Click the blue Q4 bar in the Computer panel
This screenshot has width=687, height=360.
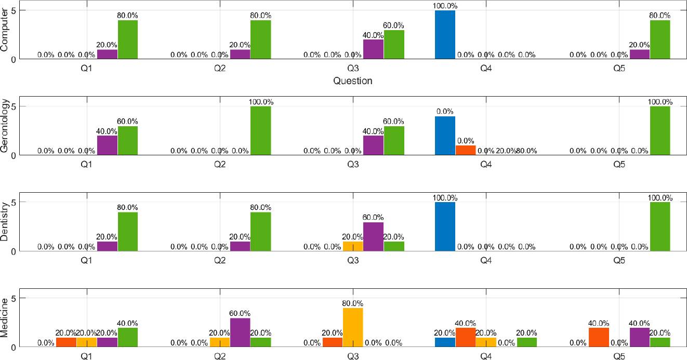[445, 35]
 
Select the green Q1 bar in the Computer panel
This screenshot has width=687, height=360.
[128, 39]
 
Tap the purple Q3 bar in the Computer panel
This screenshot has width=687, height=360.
[373, 49]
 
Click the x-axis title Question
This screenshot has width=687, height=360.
[353, 81]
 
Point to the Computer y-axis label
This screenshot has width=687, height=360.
[5, 30]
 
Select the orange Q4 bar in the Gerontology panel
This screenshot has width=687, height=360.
[465, 150]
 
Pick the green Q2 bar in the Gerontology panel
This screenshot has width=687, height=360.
[261, 130]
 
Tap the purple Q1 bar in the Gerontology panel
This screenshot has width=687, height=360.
[107, 145]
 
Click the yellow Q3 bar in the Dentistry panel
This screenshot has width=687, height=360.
[353, 246]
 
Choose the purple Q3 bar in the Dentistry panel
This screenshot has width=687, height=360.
[373, 237]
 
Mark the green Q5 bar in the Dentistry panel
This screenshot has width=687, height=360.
[660, 226]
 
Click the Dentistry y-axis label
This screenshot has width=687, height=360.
[5, 222]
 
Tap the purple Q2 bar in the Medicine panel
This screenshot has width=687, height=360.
[240, 332]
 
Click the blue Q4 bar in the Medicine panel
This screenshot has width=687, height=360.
[445, 342]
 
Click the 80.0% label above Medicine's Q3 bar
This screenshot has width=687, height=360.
[353, 303]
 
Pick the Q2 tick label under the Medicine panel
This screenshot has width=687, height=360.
[220, 356]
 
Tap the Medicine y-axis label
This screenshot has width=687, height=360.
[5, 318]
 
